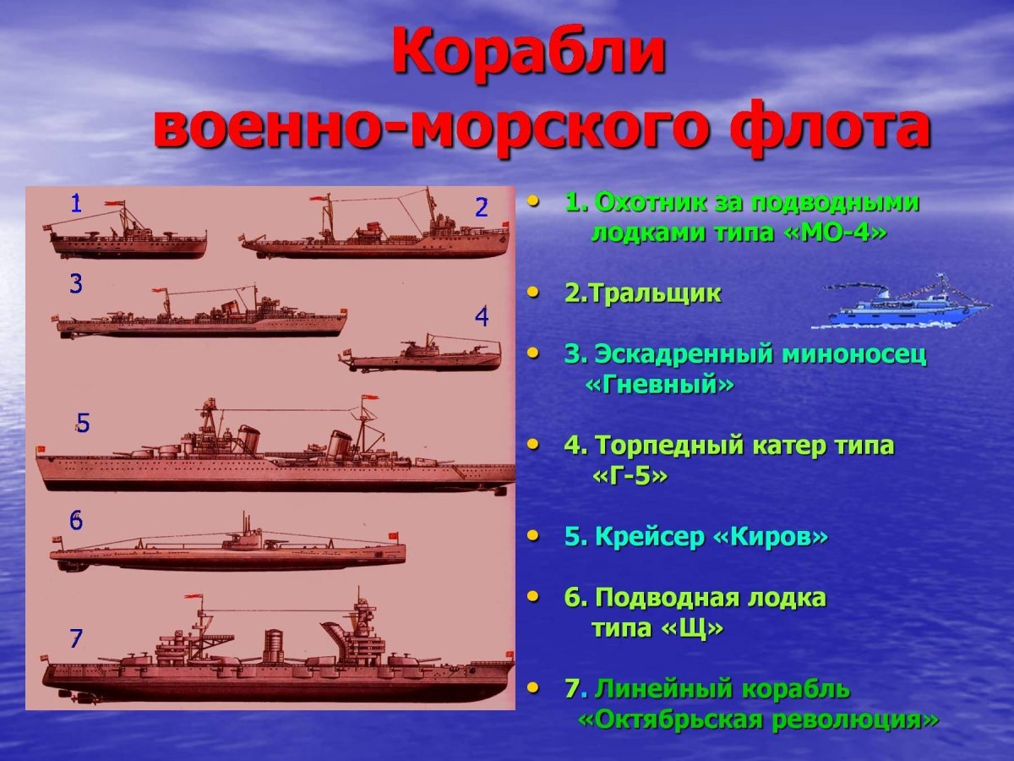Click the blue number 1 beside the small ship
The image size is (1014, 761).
tap(76, 203)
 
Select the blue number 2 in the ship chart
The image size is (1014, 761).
tap(482, 207)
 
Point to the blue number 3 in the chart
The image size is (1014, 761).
tap(76, 284)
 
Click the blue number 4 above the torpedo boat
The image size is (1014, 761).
tap(482, 317)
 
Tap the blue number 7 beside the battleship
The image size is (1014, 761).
tap(76, 638)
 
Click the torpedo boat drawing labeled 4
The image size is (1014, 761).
tap(422, 355)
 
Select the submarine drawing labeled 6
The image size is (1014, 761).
tap(228, 550)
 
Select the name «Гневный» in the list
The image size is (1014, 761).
tap(659, 385)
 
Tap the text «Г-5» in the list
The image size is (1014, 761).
tap(630, 476)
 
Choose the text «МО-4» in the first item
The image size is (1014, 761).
tap(835, 233)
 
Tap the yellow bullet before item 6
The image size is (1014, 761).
tap(533, 596)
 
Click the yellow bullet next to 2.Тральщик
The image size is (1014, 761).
tap(533, 292)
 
